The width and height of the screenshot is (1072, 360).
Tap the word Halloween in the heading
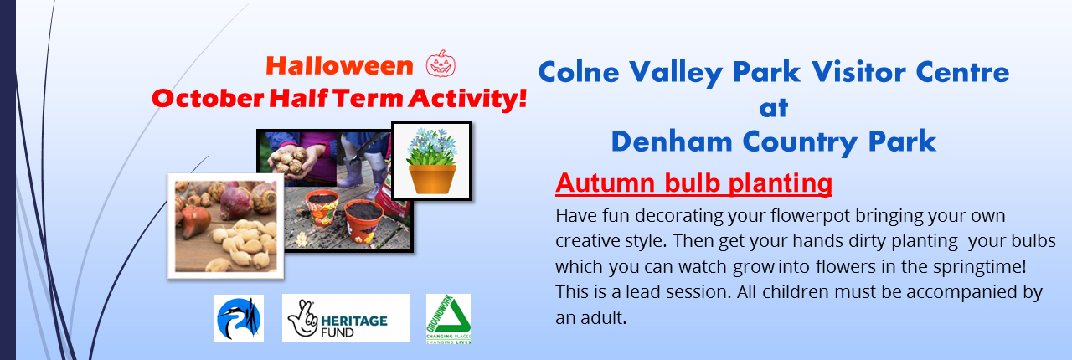(339, 66)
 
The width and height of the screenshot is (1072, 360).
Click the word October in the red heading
(208, 99)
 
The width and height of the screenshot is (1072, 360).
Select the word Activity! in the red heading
(467, 99)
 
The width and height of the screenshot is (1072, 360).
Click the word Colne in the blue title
(579, 72)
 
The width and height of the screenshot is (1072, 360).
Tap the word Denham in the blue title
(672, 142)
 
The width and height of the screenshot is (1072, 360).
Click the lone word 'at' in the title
(773, 107)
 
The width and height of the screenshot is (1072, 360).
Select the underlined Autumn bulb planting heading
(694, 183)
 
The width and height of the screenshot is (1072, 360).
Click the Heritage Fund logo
(346, 318)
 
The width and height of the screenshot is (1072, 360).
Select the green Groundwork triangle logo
(448, 319)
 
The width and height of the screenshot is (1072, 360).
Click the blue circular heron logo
(239, 318)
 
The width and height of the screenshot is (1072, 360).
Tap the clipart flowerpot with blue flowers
(431, 161)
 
